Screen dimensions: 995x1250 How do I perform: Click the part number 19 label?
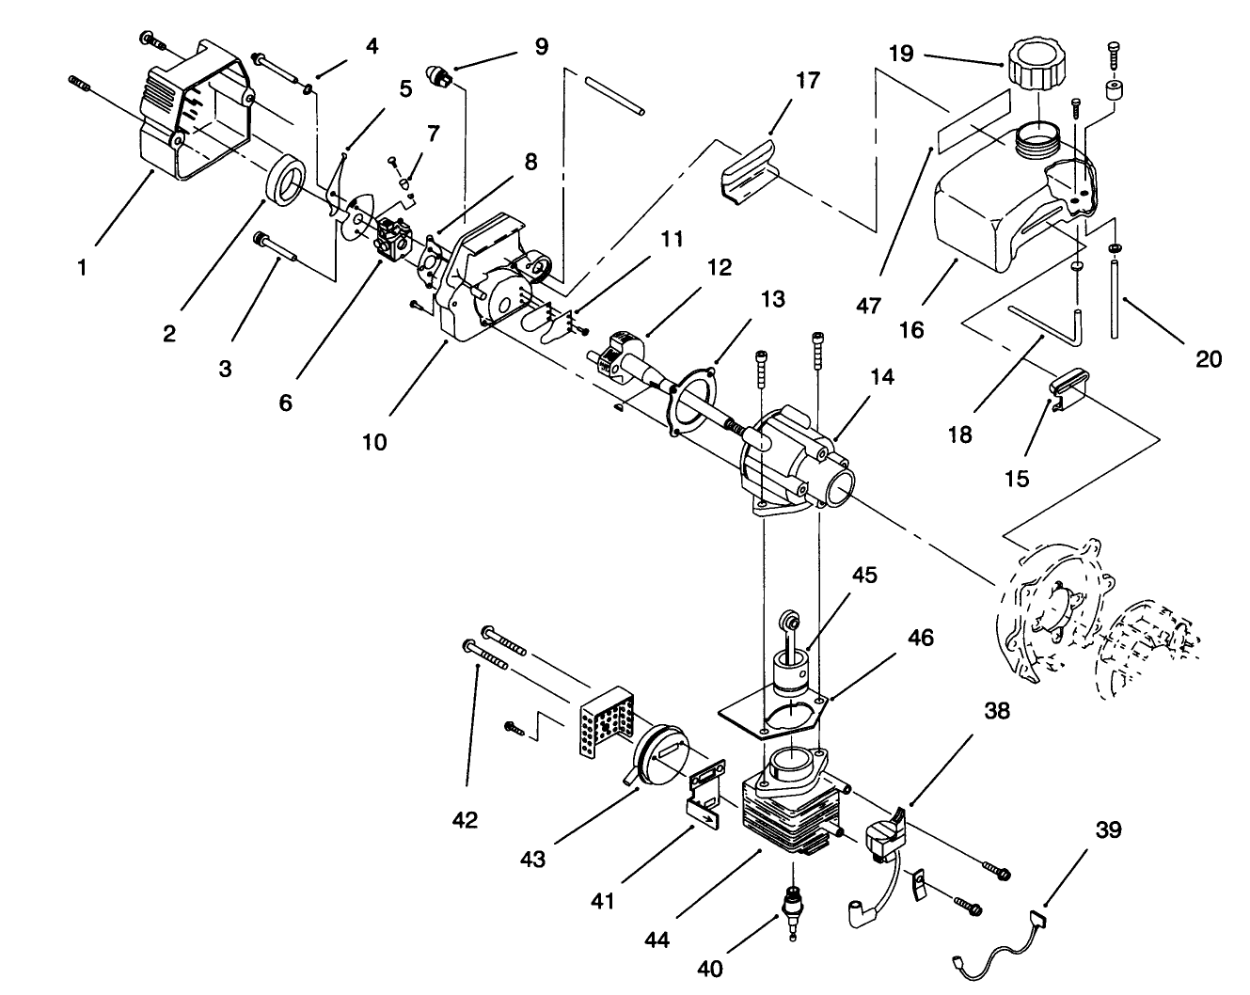(900, 54)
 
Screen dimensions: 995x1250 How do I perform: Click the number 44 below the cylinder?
(657, 939)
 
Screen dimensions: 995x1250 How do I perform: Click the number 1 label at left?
(82, 267)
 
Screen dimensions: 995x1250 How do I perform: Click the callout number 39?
(1108, 830)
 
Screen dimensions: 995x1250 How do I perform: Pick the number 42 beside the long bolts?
(466, 819)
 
